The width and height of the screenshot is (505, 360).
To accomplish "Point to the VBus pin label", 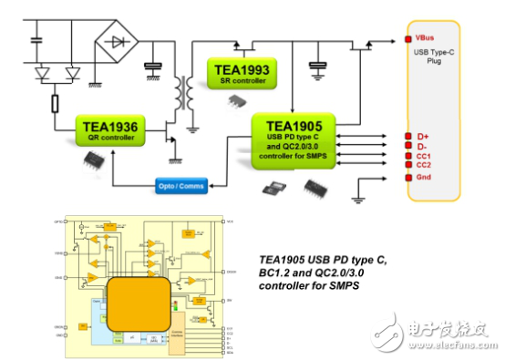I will (x=425, y=39).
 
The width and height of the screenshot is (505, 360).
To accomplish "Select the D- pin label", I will (x=420, y=145).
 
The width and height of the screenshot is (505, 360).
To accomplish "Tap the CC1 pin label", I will (x=423, y=156).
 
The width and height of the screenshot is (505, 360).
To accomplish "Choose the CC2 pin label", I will (x=423, y=165).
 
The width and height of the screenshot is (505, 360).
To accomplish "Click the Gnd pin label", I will (x=423, y=177).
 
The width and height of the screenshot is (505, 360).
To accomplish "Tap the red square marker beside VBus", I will (x=407, y=39).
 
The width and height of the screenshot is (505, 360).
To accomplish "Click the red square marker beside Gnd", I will (x=407, y=177).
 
